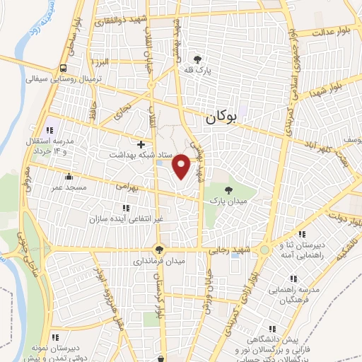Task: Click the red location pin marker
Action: coord(182,165)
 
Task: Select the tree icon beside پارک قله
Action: coord(197,60)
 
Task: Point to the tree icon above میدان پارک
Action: coord(228,189)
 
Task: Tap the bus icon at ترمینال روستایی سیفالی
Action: coord(64,69)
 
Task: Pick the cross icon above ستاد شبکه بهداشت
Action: coord(141,144)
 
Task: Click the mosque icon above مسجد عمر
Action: coord(69,177)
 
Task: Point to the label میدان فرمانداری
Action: coord(160,260)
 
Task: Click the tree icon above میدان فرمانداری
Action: coord(160,248)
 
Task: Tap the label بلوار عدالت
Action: coord(333,32)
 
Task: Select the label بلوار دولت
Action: coord(341,218)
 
